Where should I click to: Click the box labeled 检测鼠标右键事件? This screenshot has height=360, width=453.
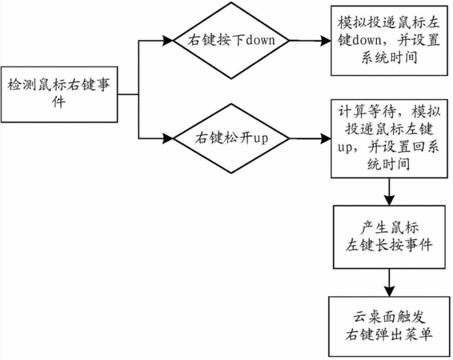point(59,94)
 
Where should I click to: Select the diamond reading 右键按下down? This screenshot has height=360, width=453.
point(231,41)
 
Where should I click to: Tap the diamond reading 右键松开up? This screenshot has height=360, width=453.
point(231,138)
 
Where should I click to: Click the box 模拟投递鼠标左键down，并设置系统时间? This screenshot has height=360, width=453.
point(389,41)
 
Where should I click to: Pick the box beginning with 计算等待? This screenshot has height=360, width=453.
point(389,138)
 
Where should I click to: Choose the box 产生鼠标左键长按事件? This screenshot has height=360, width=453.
point(389,237)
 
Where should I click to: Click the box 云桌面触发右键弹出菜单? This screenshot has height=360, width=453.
point(389,326)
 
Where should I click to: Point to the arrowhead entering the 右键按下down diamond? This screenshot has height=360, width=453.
point(168,41)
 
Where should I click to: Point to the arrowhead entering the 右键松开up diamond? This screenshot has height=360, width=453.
point(168,138)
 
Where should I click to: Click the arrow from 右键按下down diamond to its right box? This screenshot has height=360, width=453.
point(310,41)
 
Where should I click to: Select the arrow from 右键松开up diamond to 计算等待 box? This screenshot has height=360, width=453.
point(310,139)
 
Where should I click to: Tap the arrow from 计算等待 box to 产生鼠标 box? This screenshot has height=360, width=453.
point(389,192)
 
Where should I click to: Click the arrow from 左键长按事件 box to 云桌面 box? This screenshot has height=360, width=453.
point(389,282)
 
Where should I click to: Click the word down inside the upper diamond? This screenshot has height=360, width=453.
point(260,40)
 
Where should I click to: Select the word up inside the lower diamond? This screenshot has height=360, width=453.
point(261,139)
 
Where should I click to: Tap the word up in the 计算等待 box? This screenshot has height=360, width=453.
point(345,148)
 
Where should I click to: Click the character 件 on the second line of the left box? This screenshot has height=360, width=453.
point(59,102)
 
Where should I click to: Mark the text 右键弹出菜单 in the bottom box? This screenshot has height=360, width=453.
point(389,335)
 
